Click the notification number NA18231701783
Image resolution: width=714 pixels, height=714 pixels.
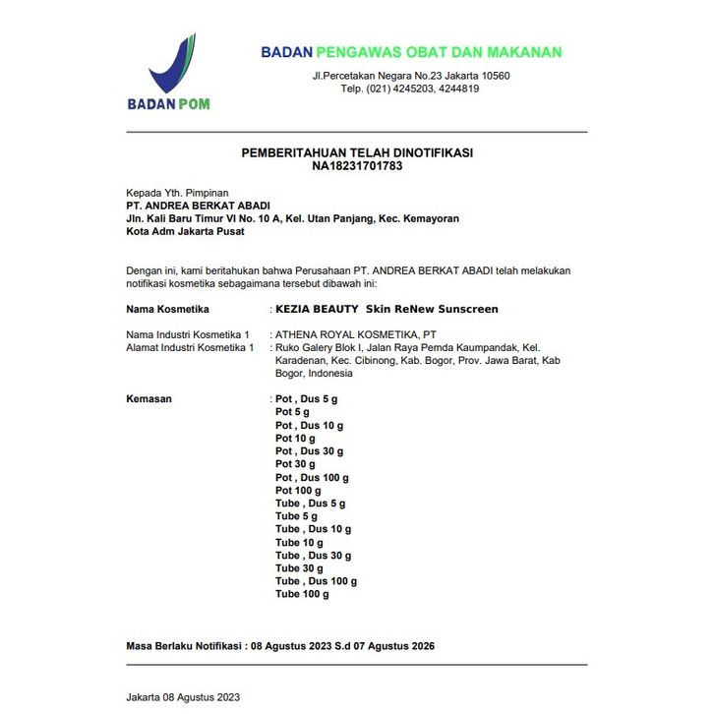[x=357, y=166]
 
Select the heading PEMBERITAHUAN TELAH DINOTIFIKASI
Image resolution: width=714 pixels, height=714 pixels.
[x=357, y=153]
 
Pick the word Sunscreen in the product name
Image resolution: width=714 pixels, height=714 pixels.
[x=464, y=309]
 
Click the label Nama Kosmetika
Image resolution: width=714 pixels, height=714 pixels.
[x=154, y=309]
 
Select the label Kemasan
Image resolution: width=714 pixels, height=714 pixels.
[x=149, y=399]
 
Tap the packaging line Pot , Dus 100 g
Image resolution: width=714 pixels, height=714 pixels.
[x=312, y=477]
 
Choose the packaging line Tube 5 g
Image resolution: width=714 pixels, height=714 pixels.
[x=296, y=516]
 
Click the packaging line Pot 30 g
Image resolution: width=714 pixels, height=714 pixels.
[x=295, y=464]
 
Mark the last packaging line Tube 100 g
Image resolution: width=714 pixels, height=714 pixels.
[x=302, y=594]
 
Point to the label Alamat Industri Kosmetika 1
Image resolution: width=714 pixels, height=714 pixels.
[x=190, y=348]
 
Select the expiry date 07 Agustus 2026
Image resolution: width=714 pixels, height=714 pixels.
[x=385, y=646]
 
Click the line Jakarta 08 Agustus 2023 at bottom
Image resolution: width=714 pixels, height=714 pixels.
[x=183, y=697]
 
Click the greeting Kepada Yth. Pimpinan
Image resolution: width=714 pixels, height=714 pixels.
[x=177, y=193]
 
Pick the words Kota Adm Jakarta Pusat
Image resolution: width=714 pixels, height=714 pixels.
[x=185, y=232]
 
